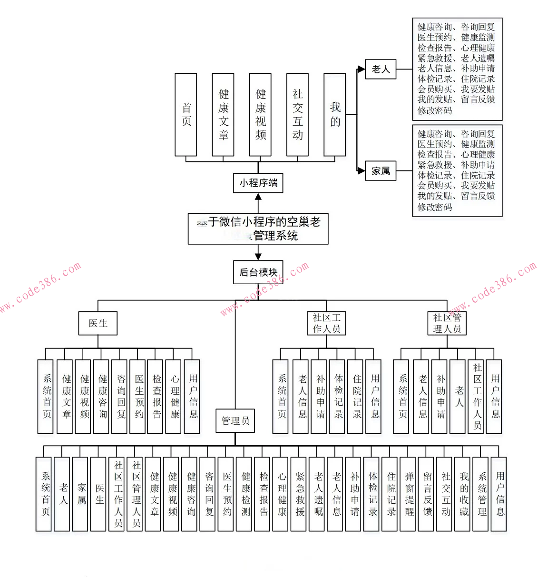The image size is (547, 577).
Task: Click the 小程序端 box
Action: (258, 183)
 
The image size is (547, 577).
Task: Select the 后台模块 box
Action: (258, 272)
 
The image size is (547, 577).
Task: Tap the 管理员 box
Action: (235, 421)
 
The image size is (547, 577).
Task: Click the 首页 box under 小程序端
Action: (186, 115)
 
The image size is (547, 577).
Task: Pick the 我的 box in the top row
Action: (334, 115)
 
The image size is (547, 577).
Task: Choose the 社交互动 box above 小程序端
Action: (297, 115)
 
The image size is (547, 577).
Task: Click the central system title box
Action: (258, 229)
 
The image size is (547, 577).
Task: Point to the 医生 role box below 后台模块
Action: (98, 323)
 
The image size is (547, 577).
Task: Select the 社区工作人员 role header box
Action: (326, 323)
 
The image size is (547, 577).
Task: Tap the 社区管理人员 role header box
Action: (447, 323)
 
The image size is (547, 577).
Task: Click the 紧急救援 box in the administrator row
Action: (300, 494)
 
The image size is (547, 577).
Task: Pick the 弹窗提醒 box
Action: (410, 494)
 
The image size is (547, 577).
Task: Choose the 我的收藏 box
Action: (464, 494)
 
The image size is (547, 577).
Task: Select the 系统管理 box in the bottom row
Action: (482, 494)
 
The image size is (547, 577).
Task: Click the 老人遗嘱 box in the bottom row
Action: (318, 494)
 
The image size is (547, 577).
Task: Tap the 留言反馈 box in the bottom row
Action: (428, 494)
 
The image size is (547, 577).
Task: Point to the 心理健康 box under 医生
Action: (175, 397)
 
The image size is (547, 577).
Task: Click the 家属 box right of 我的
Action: (381, 171)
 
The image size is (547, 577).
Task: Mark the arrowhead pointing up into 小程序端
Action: (258, 197)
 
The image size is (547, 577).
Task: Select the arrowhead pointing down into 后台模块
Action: (258, 257)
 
